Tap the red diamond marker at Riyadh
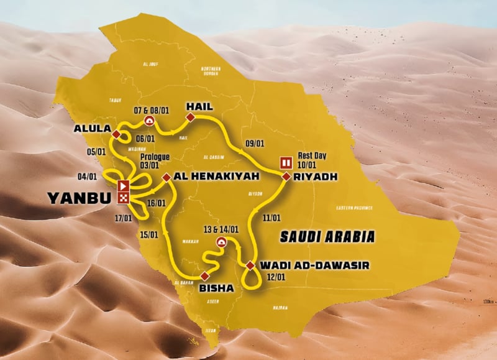click(286, 177)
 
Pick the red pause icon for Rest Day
click(287, 163)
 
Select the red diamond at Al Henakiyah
click(166, 177)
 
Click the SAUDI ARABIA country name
click(327, 236)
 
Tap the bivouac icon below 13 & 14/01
click(220, 241)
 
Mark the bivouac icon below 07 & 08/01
click(149, 121)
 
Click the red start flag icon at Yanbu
click(123, 185)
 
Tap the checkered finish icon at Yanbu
click(123, 198)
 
